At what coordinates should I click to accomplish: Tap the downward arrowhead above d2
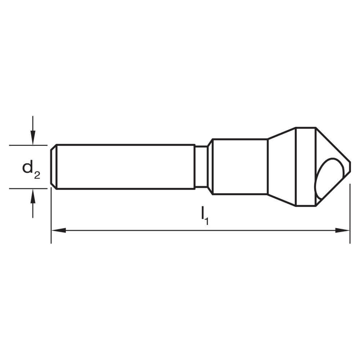33,138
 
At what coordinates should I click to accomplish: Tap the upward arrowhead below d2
33,195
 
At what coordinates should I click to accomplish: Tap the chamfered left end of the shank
53,167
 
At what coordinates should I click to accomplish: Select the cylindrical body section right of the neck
239,167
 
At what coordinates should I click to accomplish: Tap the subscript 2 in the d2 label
37,175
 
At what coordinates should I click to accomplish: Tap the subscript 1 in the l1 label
207,221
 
